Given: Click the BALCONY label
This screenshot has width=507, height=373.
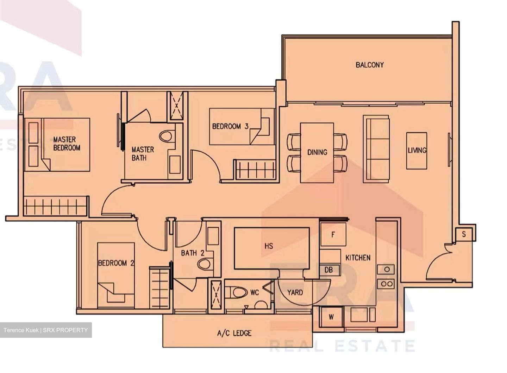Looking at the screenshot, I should [x=369, y=65].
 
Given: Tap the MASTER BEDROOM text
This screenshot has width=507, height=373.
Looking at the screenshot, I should [x=67, y=144].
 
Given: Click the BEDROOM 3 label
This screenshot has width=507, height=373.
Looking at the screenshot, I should [x=230, y=126].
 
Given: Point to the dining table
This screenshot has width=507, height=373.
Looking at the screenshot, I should [x=317, y=152].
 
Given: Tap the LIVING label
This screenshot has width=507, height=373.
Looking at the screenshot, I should [x=417, y=150].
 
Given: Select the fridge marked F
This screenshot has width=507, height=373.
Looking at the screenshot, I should [x=333, y=234].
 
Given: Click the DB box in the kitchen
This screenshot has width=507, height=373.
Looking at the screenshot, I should [x=328, y=270].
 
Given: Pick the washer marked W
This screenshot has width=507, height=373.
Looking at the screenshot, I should [x=331, y=317].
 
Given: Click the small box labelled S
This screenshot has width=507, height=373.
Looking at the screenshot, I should [x=464, y=234].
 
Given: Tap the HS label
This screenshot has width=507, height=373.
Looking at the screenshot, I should [x=269, y=246].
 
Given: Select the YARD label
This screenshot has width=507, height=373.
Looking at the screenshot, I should [x=295, y=292].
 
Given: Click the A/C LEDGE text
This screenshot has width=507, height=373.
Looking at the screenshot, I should [x=234, y=333].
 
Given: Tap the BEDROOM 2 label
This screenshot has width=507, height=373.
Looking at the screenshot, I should [x=116, y=263].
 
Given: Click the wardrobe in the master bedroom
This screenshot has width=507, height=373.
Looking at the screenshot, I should [x=55, y=206].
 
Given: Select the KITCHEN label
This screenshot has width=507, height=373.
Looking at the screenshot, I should [x=358, y=258].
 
